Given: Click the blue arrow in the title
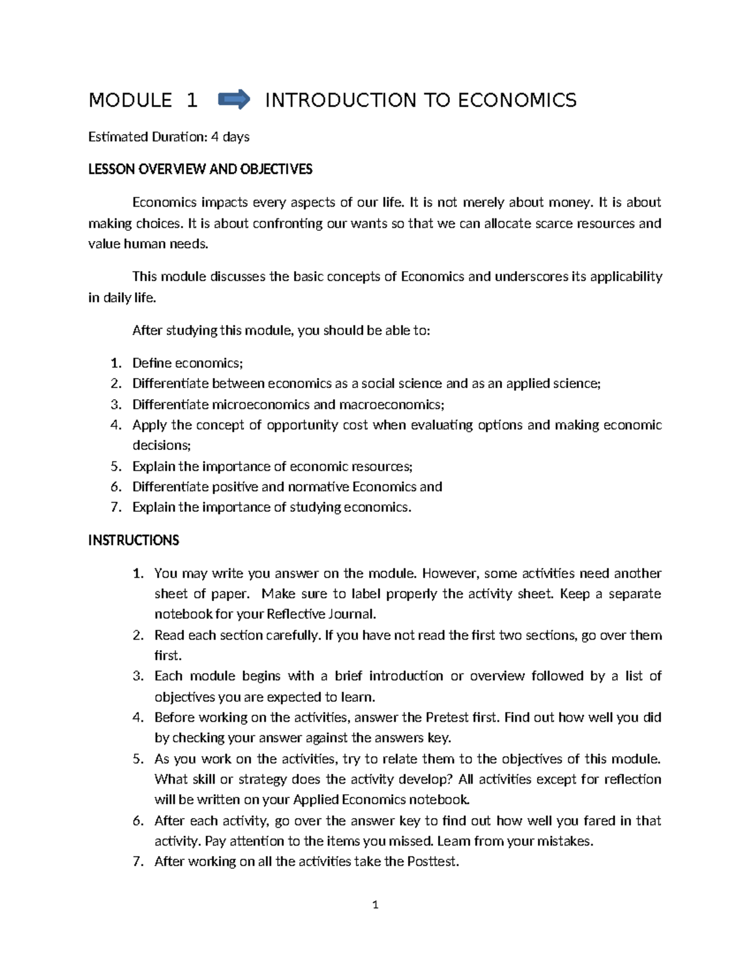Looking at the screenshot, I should click(x=234, y=100).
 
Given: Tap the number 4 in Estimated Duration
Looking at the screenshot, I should click(x=215, y=136).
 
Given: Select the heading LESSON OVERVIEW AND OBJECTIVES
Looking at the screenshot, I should click(x=200, y=170).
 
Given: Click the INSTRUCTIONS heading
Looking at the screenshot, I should click(x=133, y=540).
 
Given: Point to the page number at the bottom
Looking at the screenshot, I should click(x=375, y=904).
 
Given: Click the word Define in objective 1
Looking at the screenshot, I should click(x=151, y=363).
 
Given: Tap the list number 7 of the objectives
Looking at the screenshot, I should click(x=115, y=507).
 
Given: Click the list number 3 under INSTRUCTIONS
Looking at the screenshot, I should click(x=138, y=676).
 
